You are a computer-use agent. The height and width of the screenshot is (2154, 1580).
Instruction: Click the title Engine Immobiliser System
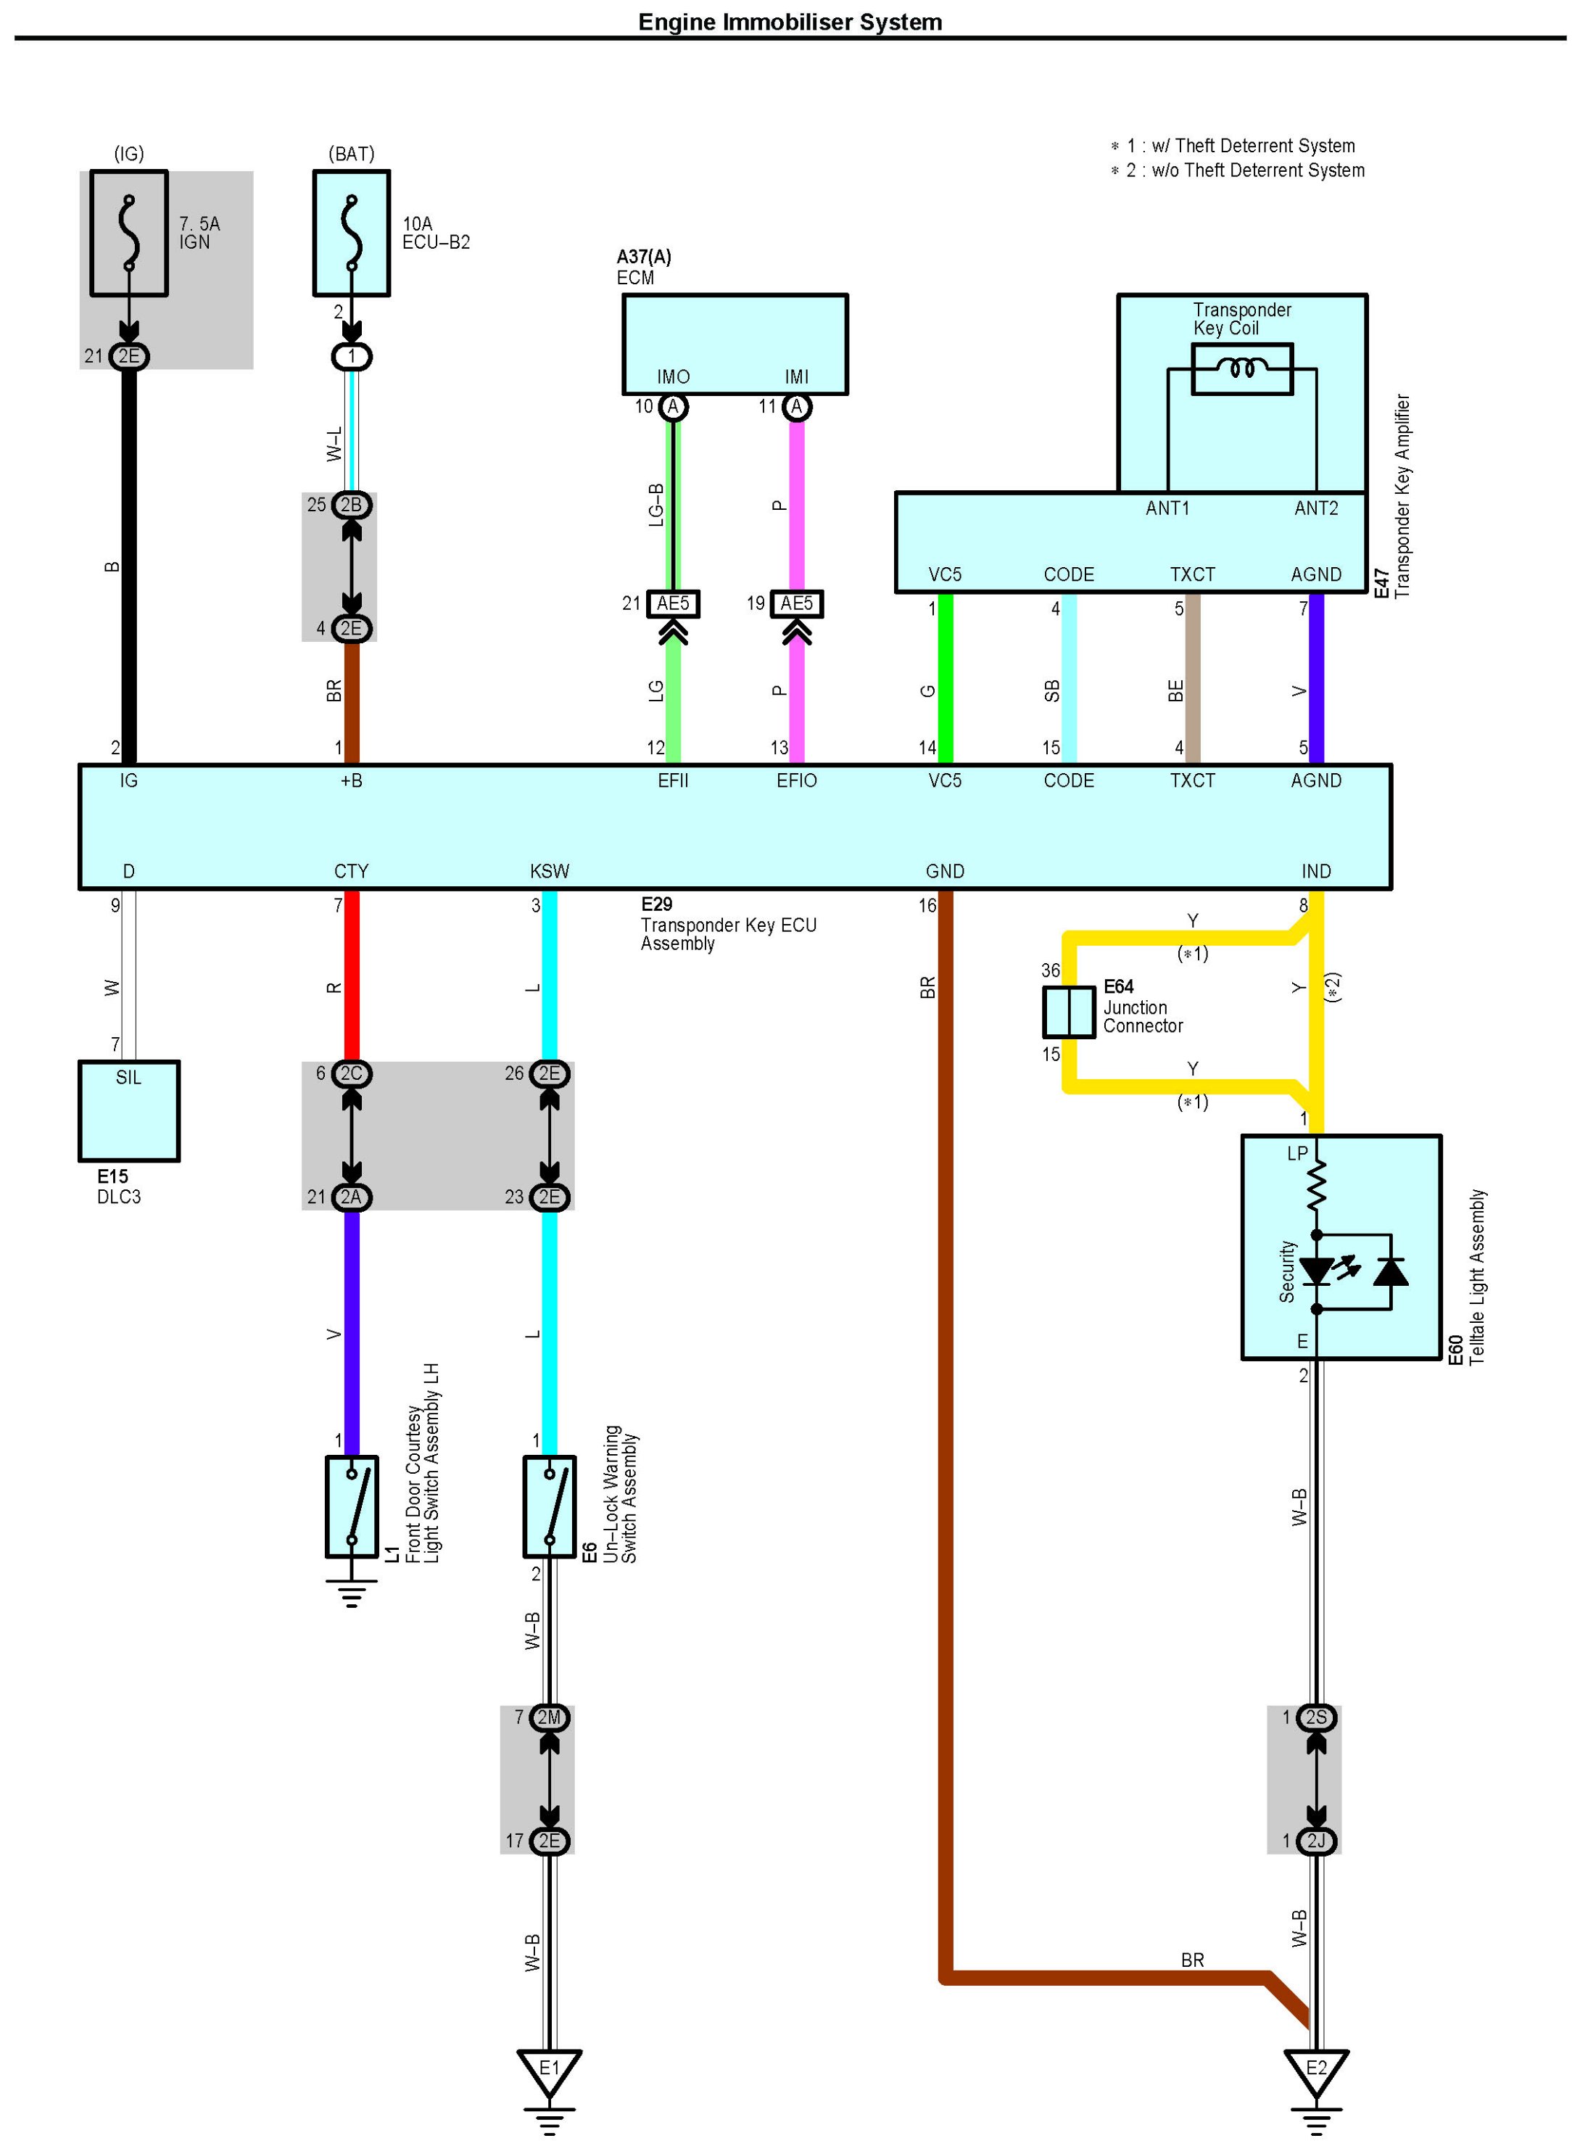(x=790, y=22)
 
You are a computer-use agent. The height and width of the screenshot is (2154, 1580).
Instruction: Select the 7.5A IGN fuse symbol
(x=129, y=234)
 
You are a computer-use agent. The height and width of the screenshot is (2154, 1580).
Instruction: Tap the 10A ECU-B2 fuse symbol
(x=352, y=234)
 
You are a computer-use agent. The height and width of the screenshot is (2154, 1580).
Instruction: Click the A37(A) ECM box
(x=735, y=343)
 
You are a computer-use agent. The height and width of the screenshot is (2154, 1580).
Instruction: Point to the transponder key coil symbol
(x=1241, y=368)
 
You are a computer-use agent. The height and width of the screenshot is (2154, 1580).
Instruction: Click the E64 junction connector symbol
(x=1068, y=1012)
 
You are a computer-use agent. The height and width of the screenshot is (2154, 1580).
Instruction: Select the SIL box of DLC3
(x=129, y=1110)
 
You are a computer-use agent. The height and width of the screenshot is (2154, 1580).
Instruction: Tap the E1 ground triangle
(x=549, y=2069)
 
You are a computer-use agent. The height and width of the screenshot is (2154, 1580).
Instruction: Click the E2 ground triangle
(x=1316, y=2069)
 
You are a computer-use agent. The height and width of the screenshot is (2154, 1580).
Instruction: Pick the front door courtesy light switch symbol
(x=352, y=1506)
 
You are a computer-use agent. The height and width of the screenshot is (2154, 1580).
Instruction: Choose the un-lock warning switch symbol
(x=549, y=1506)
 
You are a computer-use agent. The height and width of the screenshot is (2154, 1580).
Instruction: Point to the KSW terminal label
(x=549, y=871)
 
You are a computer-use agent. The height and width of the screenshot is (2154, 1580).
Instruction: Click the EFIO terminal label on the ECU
(x=797, y=780)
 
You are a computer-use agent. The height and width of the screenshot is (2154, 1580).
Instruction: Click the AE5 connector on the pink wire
(x=797, y=603)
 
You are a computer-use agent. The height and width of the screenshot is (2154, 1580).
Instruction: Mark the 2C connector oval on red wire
(x=352, y=1073)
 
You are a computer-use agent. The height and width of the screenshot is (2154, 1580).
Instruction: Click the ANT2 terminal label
(x=1316, y=508)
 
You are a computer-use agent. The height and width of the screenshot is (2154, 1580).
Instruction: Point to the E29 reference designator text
(x=657, y=904)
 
